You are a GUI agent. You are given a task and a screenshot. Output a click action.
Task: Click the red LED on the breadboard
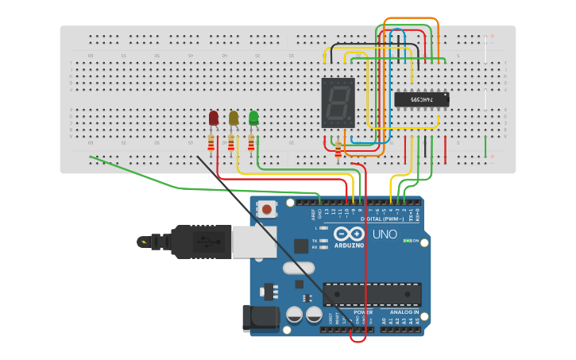pyautogui.click(x=213, y=118)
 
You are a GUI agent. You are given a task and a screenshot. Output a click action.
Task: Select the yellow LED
pyautogui.click(x=234, y=118)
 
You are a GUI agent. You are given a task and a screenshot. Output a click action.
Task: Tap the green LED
pyautogui.click(x=253, y=118)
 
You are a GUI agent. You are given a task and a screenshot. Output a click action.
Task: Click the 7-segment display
pyautogui.click(x=338, y=103)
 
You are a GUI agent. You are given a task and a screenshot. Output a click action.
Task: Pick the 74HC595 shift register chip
pyautogui.click(x=422, y=99)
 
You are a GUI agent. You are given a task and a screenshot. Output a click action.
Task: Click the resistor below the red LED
pyautogui.click(x=211, y=143)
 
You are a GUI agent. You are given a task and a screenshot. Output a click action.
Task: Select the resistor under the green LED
pyautogui.click(x=251, y=143)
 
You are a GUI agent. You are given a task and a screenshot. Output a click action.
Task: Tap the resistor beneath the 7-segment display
pyautogui.click(x=338, y=149)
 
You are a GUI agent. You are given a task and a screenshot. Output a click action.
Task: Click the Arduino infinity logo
pyautogui.click(x=349, y=234)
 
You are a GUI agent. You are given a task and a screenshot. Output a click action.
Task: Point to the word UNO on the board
pyautogui.click(x=385, y=234)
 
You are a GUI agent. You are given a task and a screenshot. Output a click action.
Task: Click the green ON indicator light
pyautogui.click(x=406, y=240)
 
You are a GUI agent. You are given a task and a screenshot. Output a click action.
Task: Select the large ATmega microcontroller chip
pyautogui.click(x=372, y=294)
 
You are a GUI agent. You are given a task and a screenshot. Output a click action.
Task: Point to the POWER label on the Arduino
pyautogui.click(x=363, y=312)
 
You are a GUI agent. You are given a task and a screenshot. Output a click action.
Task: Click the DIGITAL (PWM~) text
pyautogui.click(x=381, y=219)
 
